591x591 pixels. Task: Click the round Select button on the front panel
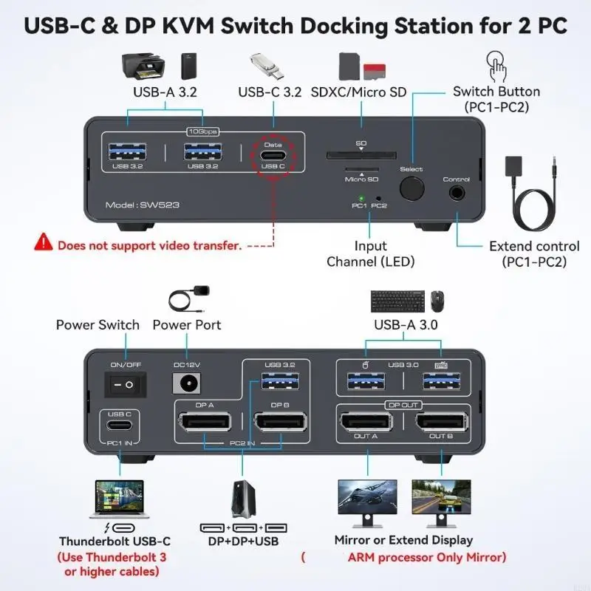413,188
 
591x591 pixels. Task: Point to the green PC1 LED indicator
360,198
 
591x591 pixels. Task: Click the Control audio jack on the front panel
457,192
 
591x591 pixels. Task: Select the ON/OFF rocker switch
124,384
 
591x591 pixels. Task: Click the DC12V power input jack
186,384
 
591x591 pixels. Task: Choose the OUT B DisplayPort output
442,425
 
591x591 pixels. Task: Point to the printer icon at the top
142,66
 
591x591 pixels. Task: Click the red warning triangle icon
44,242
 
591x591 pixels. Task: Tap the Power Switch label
98,325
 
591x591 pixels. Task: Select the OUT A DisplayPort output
366,425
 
